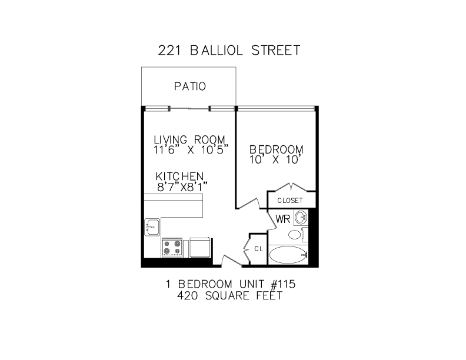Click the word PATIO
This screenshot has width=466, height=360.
(190, 86)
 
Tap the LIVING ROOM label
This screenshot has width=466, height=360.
(190, 139)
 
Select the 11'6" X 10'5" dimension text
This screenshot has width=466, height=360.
(190, 150)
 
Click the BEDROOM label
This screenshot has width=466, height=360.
(276, 149)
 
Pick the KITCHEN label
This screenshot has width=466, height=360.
(179, 176)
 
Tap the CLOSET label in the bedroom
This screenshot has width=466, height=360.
(290, 201)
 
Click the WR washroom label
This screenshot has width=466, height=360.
(284, 219)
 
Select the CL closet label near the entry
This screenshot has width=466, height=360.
(258, 248)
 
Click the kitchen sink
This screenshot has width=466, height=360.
(152, 226)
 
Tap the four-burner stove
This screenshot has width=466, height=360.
(172, 247)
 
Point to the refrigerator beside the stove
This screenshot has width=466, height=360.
(199, 247)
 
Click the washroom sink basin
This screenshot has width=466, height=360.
(301, 218)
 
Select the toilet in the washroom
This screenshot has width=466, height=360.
(295, 235)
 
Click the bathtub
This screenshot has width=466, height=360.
(288, 255)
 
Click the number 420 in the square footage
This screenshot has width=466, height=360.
(188, 296)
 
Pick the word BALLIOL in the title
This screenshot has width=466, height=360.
(221, 51)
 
